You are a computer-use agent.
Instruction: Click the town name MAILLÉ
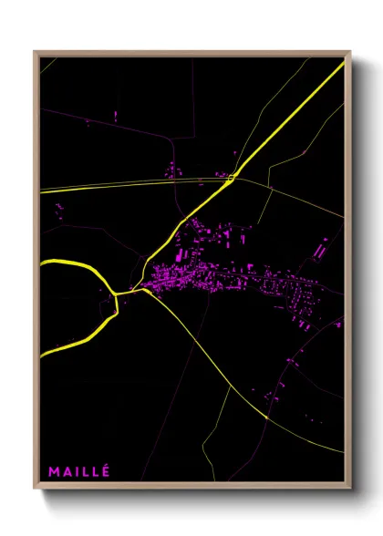click(x=78, y=471)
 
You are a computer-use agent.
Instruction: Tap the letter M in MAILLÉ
click(x=54, y=471)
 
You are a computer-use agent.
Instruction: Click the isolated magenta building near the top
click(x=117, y=115)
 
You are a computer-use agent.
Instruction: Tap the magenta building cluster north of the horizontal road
click(x=172, y=170)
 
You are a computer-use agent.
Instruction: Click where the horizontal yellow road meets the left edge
click(x=42, y=190)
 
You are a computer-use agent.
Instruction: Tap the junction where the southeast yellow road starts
click(x=144, y=292)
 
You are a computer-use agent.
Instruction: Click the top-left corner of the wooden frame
click(x=36, y=52)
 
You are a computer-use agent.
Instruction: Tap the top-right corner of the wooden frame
click(x=349, y=52)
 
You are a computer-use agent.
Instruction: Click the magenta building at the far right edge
click(x=338, y=323)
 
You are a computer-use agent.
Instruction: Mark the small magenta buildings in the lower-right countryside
click(x=274, y=397)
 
